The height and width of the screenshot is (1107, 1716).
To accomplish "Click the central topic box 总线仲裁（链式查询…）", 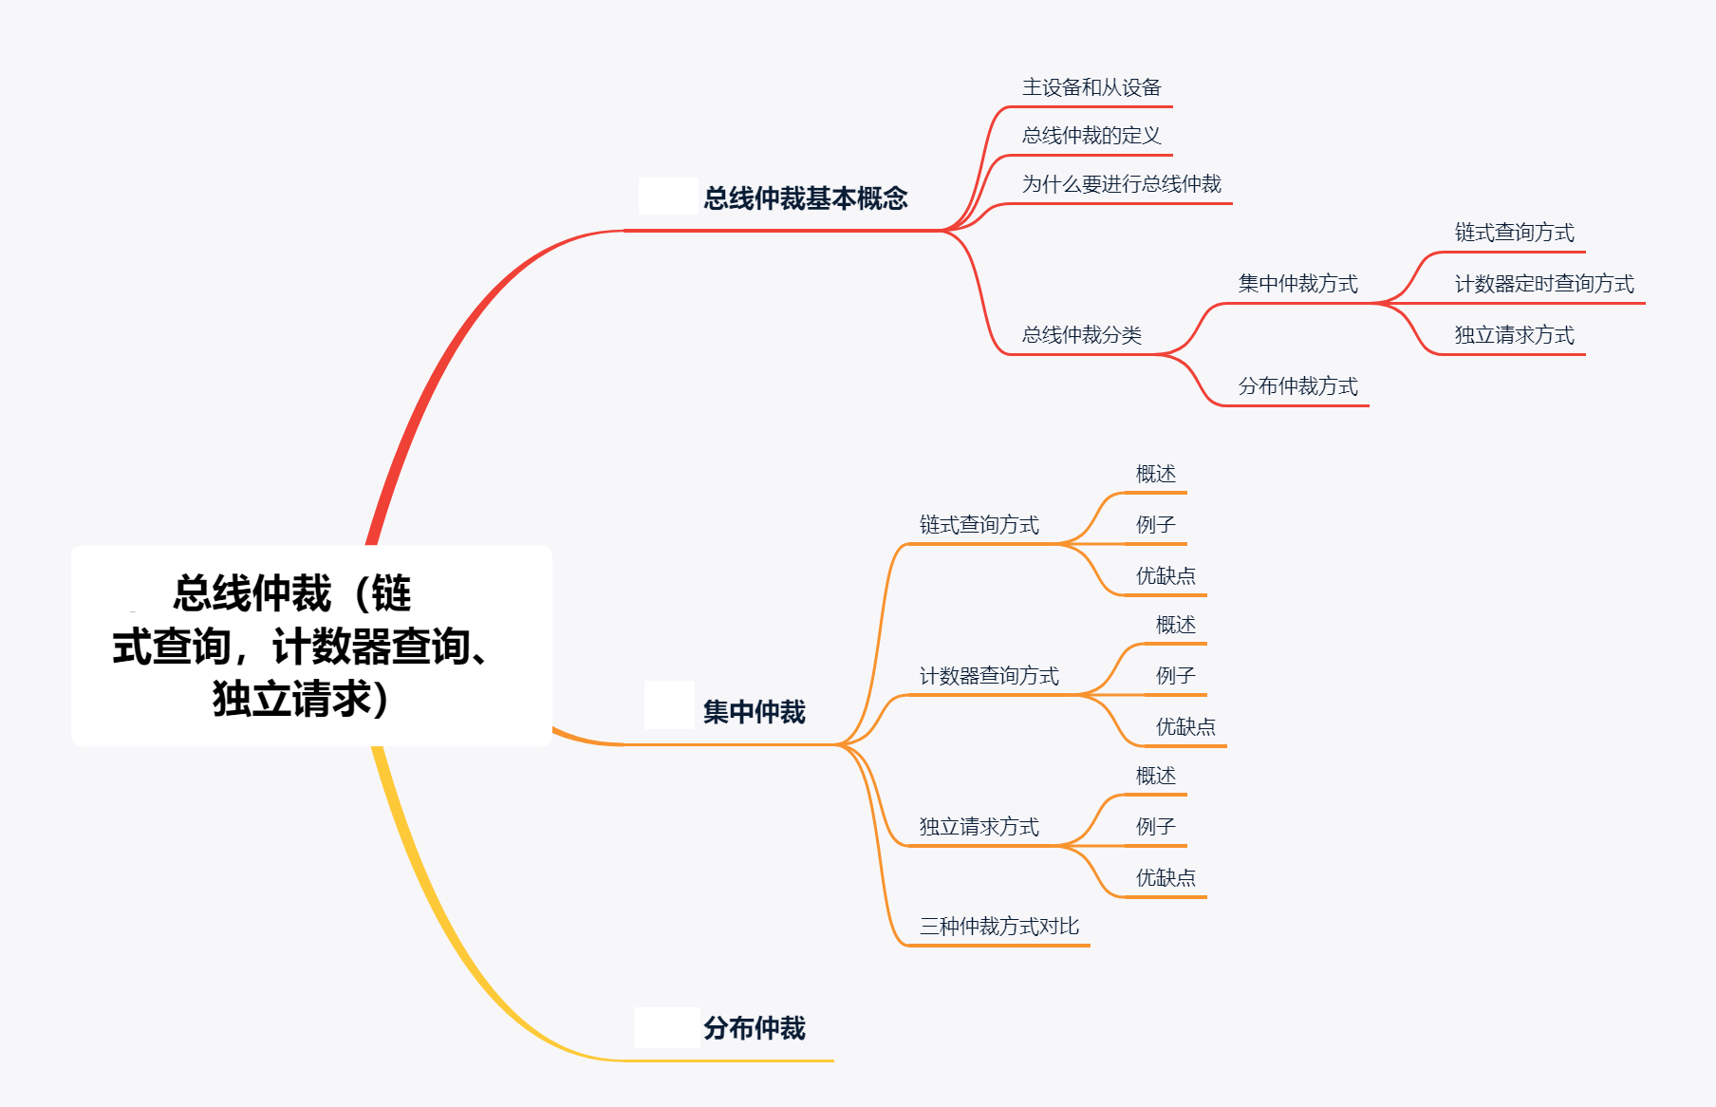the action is point(311,646).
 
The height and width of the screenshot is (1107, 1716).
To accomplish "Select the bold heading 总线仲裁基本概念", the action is point(805,198).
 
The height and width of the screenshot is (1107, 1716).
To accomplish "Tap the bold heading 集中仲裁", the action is point(754,712).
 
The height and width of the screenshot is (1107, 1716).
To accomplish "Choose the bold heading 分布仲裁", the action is point(754,1028).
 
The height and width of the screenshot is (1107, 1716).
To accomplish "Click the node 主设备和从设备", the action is point(1091,88).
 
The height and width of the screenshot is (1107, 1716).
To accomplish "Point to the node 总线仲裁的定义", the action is point(1091,136).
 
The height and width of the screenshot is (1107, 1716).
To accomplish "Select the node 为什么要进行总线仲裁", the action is point(1121,184).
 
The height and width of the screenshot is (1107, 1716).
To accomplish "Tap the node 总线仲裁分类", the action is point(1081,335).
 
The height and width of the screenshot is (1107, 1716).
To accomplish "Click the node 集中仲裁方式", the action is point(1297,284).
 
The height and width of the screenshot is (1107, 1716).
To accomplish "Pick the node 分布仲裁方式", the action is point(1297,386).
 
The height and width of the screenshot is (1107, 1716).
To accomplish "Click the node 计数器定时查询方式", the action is point(1543,284).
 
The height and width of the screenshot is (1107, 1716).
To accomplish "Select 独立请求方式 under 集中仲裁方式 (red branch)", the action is point(1514,335).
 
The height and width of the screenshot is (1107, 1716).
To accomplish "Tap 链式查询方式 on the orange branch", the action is point(979,525).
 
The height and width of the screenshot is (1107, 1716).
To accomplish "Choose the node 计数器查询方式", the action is point(989,676).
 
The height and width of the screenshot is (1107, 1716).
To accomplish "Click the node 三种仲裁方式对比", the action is point(998,927).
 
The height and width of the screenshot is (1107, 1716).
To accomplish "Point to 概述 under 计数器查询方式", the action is point(1175,625).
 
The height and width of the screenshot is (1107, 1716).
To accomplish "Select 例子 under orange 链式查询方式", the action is point(1155,525).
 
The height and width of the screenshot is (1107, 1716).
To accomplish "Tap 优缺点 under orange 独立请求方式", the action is point(1166,878).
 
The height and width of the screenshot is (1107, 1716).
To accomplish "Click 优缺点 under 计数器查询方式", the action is point(1185,727).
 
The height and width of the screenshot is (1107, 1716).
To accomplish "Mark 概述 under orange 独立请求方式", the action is point(1155,777).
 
